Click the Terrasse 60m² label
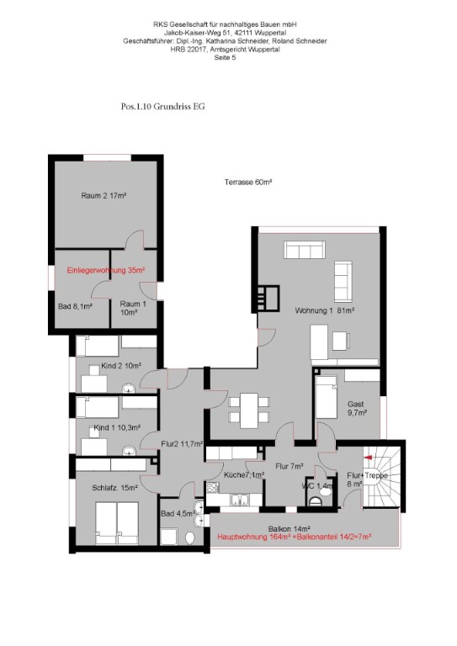[x=247, y=182]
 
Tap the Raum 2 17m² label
[x=104, y=196]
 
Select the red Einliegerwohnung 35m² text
[x=106, y=270]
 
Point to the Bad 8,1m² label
[x=75, y=306]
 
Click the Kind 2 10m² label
[x=121, y=365]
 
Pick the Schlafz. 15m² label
[x=114, y=488]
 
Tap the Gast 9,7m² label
[x=357, y=408]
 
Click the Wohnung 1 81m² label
[x=325, y=310]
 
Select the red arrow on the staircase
[x=368, y=457]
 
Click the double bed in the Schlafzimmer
[x=117, y=523]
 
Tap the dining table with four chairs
[x=249, y=410]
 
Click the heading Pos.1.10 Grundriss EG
[x=162, y=106]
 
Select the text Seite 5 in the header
[x=225, y=58]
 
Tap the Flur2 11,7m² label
[x=182, y=444]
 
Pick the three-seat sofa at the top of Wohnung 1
[x=305, y=250]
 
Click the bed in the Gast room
[x=326, y=397]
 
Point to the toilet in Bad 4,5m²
[x=190, y=537]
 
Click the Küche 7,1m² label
[x=244, y=474]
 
